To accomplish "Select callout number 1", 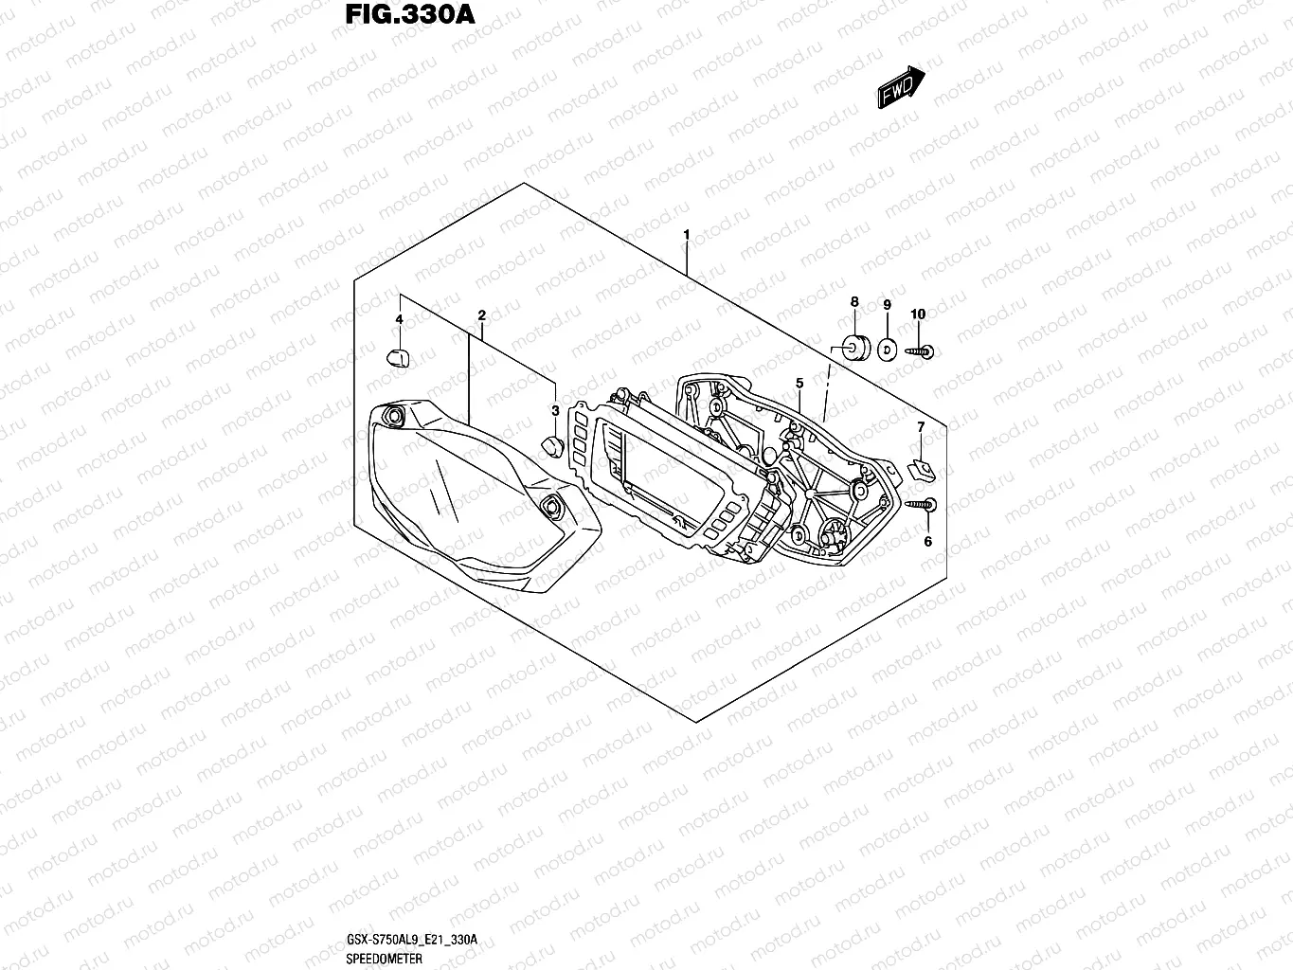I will pyautogui.click(x=686, y=234).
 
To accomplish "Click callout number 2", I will pyautogui.click(x=481, y=314).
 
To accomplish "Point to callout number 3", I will pyautogui.click(x=555, y=410).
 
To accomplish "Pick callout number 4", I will pyautogui.click(x=399, y=319).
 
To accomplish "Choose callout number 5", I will pyautogui.click(x=799, y=383).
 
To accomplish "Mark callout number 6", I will pyautogui.click(x=927, y=541).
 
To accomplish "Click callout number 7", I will pyautogui.click(x=920, y=428).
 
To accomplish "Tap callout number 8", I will pyautogui.click(x=853, y=302).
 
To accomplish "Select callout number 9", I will pyautogui.click(x=887, y=304).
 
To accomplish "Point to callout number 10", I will pyautogui.click(x=917, y=314).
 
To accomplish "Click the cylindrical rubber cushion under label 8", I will pyautogui.click(x=854, y=348).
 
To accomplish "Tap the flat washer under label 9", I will pyautogui.click(x=887, y=350).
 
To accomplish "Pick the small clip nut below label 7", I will pyautogui.click(x=917, y=467).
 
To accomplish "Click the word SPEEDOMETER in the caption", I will pyautogui.click(x=379, y=959).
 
